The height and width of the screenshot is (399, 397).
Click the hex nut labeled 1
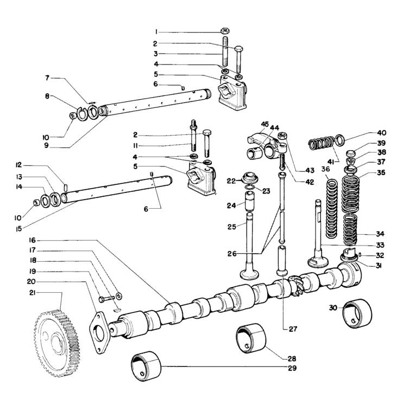(226, 30)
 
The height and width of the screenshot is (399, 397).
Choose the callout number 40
(382, 133)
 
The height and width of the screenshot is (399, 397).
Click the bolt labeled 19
(106, 299)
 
